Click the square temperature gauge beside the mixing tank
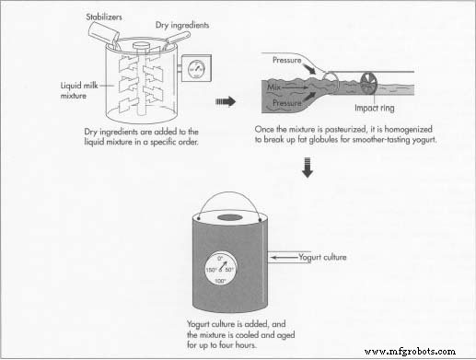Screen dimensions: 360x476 click(194, 68)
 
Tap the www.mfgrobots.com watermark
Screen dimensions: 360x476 click(423, 350)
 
